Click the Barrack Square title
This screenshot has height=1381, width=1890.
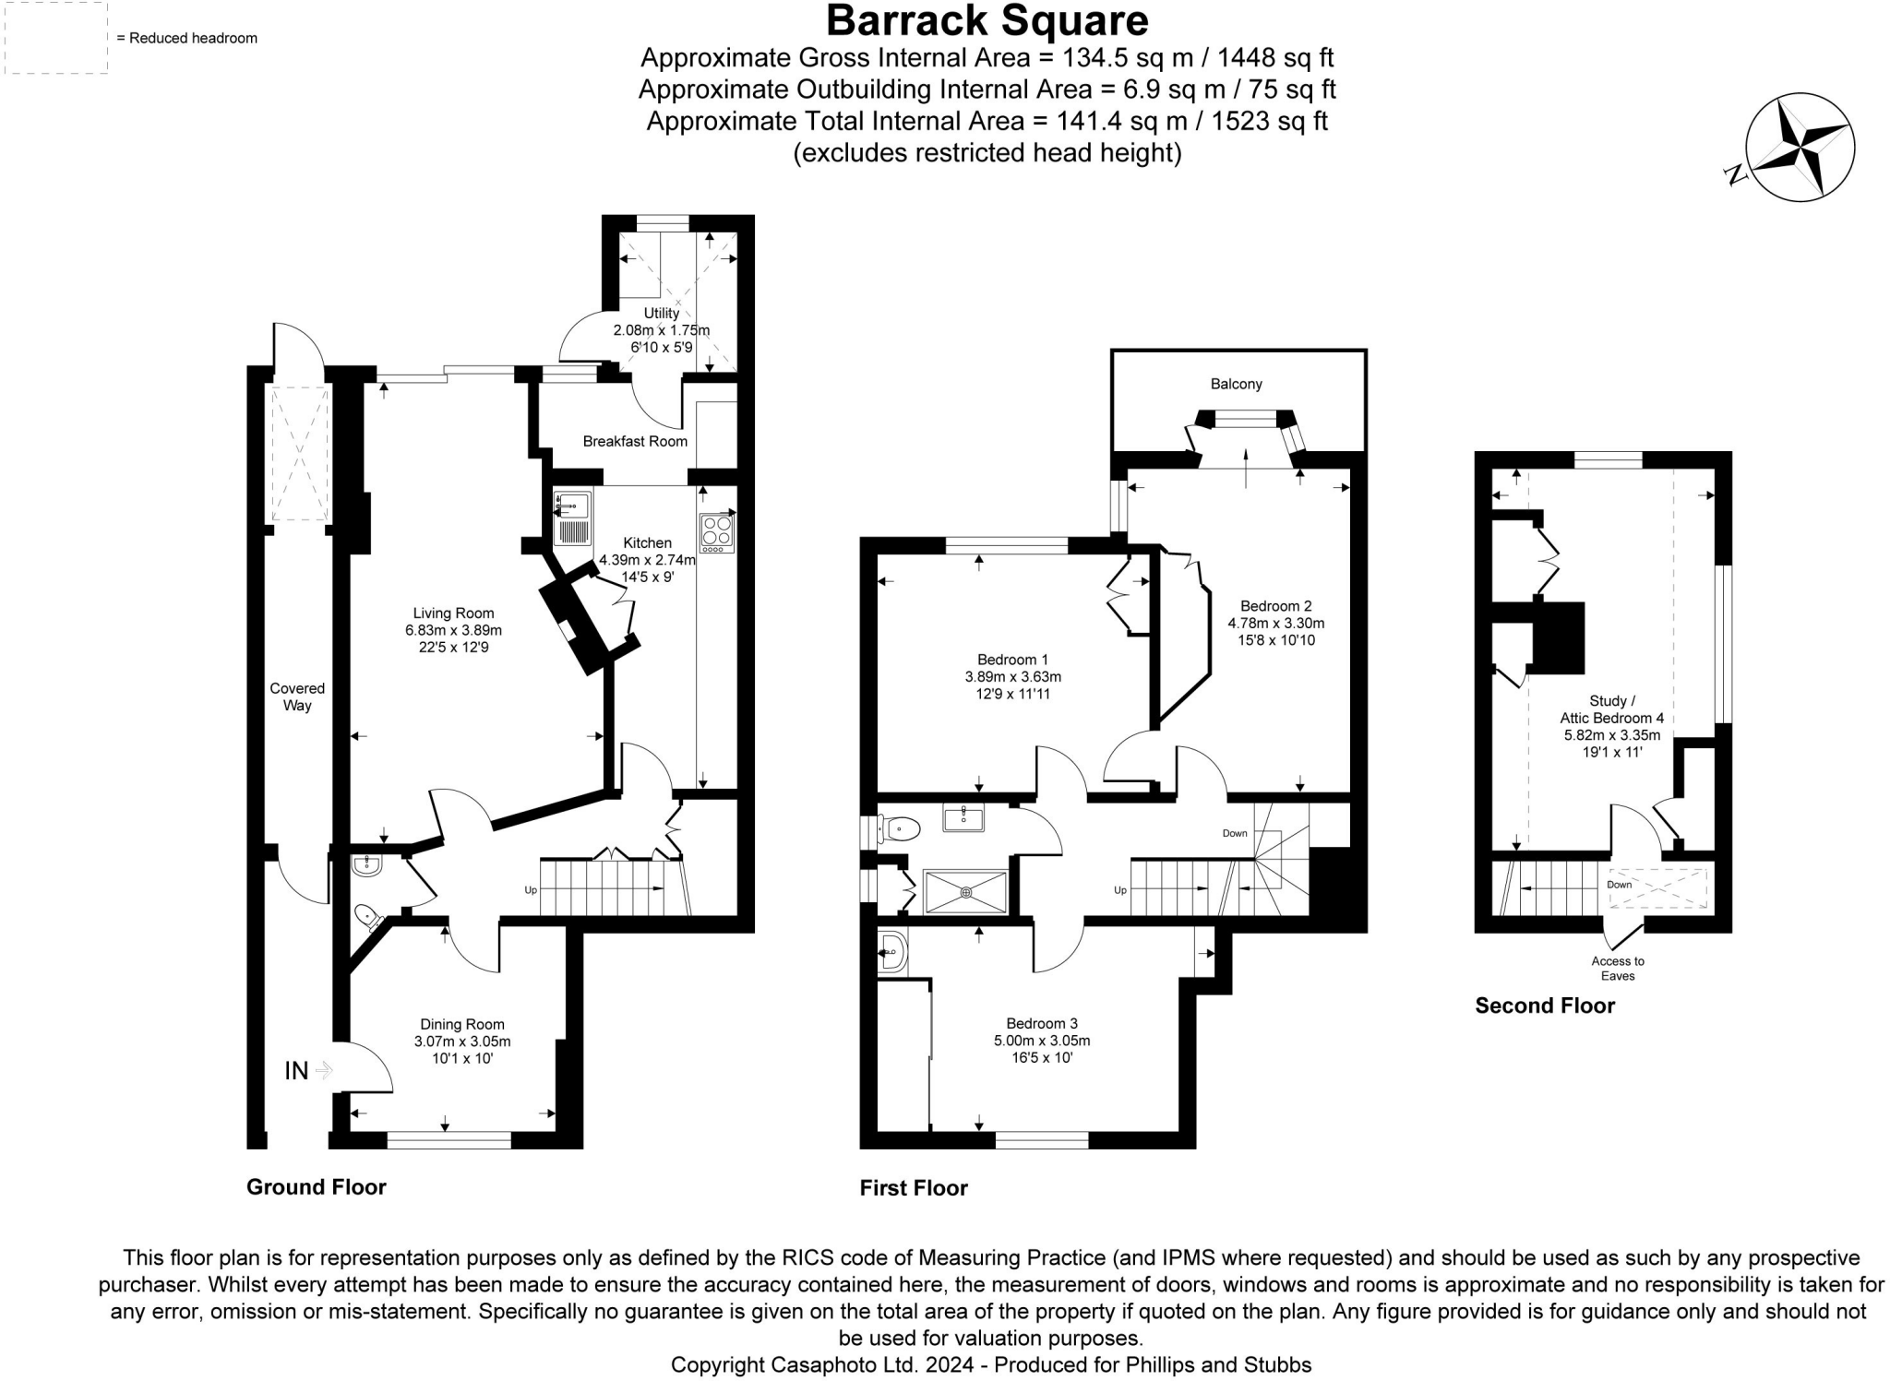(x=987, y=20)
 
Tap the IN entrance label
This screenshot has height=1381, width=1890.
(x=296, y=1070)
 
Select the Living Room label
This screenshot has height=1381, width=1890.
(x=453, y=613)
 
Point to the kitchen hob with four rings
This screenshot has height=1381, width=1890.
(x=717, y=532)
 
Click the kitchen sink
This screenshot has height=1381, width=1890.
(x=572, y=519)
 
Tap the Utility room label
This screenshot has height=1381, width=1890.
(x=662, y=314)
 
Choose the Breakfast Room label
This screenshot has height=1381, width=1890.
(x=635, y=442)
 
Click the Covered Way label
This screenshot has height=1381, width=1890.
(x=297, y=696)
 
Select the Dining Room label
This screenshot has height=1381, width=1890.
(x=462, y=1024)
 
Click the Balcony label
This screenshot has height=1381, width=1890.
(x=1236, y=385)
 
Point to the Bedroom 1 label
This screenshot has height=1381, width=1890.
(x=1012, y=660)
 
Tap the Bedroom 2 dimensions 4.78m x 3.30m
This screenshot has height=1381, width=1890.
(x=1275, y=623)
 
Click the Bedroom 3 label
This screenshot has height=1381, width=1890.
(x=1042, y=1023)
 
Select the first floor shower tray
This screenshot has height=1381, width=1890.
(x=965, y=892)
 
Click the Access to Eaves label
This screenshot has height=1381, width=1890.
(x=1618, y=968)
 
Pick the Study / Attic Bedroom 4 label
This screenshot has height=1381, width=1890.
(x=1611, y=709)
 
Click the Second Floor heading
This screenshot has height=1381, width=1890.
(x=1545, y=1006)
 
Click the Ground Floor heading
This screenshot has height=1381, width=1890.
(x=316, y=1187)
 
